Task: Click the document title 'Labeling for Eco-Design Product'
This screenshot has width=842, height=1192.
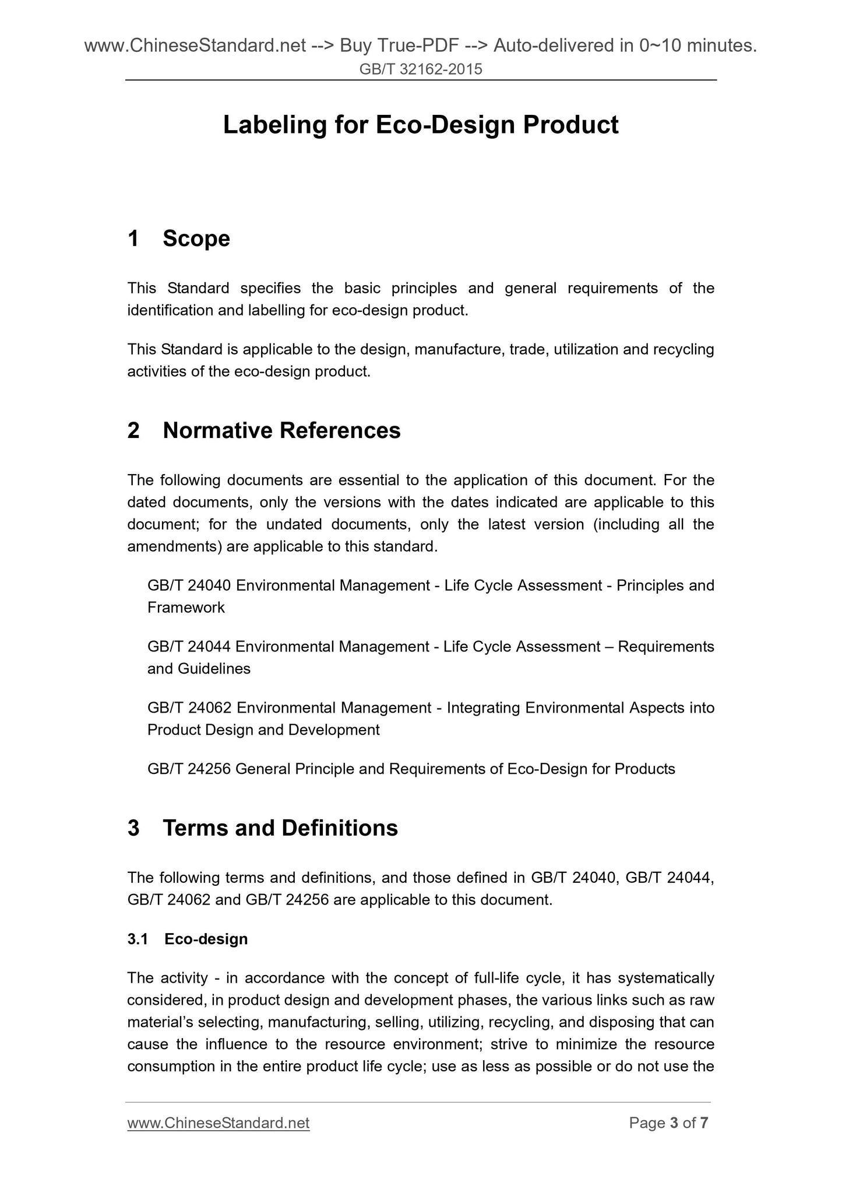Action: pos(420,125)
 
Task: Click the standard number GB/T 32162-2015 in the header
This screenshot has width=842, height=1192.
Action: pos(421,70)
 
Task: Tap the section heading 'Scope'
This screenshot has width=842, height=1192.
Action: pos(196,239)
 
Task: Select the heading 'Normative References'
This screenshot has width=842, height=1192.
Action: pos(281,430)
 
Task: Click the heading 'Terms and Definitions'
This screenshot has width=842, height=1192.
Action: pos(280,828)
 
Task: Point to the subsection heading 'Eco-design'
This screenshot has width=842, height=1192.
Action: pos(206,938)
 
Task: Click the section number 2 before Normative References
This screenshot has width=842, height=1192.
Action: pos(133,430)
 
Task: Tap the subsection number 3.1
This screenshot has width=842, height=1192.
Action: pos(138,938)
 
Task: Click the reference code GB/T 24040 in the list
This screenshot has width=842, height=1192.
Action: pos(189,585)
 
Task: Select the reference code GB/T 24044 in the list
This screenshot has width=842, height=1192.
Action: pos(189,646)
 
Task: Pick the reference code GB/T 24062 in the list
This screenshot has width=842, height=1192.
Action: pos(189,707)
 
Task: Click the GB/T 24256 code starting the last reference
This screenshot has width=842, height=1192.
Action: pos(189,769)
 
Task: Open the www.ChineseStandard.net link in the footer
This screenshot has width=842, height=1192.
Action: pos(218,1123)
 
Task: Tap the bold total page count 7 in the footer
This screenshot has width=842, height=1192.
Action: pos(704,1123)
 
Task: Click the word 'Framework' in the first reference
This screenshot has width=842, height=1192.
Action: pos(186,608)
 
